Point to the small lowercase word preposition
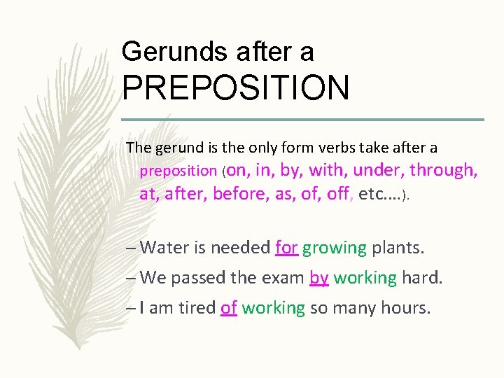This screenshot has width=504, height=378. coord(178,171)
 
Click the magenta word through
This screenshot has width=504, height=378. coord(444,170)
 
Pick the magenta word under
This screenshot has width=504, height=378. coord(379,170)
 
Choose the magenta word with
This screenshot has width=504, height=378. coord(326,170)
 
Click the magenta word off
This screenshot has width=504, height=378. coord(337,194)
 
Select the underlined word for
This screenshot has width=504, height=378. coord(287,248)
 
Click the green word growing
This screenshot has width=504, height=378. coord(335,248)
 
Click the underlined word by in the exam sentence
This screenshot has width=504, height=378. coord(318,278)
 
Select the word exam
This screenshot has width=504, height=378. coord(283,278)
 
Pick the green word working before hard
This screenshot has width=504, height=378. coord(365,278)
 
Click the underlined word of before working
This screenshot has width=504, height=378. coord(229,308)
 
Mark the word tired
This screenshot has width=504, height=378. coord(196,308)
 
